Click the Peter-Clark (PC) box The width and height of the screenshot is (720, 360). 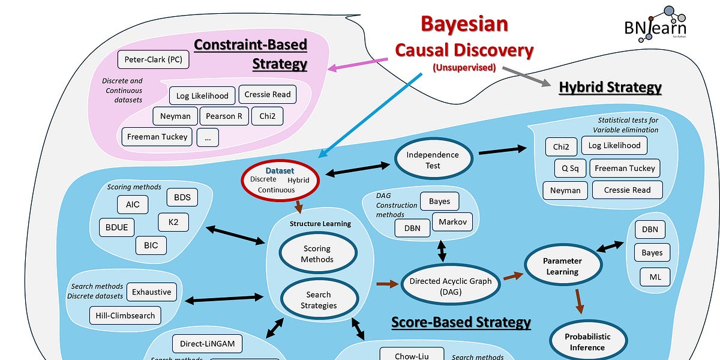tap(154, 59)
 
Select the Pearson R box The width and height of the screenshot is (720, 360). tap(224, 116)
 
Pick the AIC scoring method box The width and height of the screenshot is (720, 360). tap(133, 204)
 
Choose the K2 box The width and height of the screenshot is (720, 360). tap(173, 222)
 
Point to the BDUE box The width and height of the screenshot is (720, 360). tap(116, 227)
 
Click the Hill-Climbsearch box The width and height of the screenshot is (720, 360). tap(125, 315)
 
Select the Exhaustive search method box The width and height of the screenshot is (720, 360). tap(151, 292)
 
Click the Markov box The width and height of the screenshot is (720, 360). tap(452, 222)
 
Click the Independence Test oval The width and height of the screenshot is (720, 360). tap(433, 160)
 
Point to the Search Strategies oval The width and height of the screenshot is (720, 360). tap(318, 300)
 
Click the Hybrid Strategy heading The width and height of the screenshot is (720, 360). tap(610, 87)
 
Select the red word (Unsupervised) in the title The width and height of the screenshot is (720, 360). tap(464, 68)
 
